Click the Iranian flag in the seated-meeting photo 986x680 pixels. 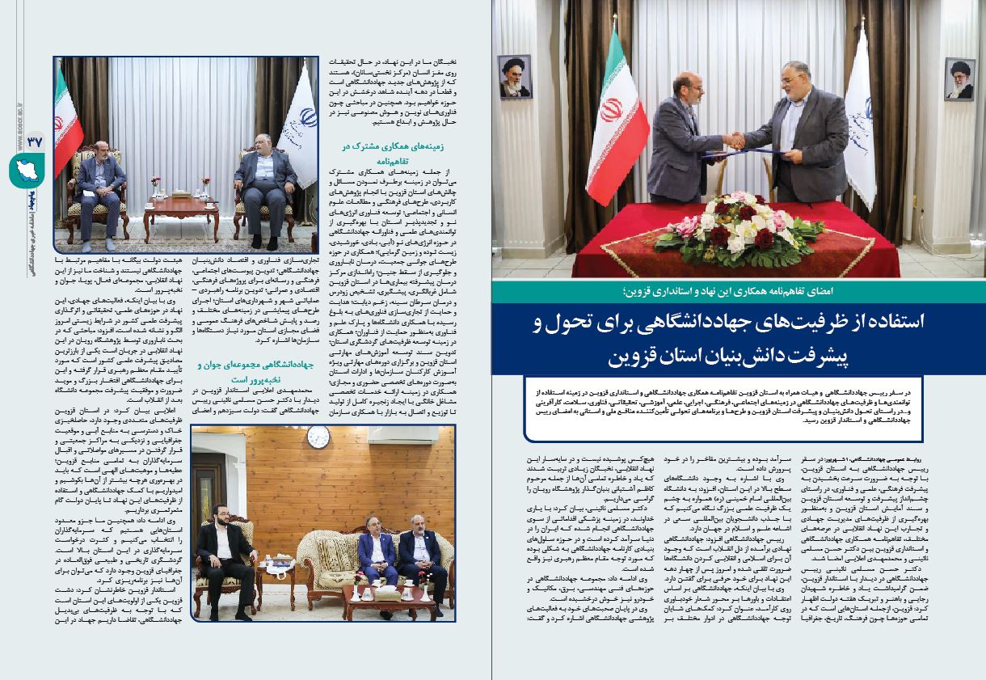click(69, 129)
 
